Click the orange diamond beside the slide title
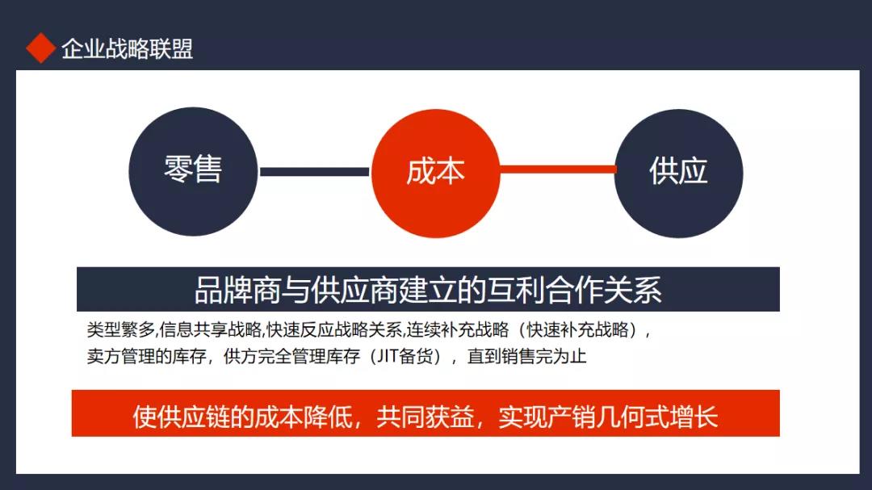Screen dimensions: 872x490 click(x=40, y=48)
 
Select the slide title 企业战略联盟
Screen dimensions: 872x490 click(x=128, y=49)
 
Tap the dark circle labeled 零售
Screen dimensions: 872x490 click(x=193, y=171)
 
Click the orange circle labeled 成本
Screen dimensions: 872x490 click(x=435, y=173)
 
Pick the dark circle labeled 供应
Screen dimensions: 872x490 click(x=678, y=173)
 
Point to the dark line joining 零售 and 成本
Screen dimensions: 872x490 click(x=315, y=172)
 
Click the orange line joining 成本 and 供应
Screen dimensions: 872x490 click(x=558, y=169)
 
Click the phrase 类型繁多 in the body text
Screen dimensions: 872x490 click(x=120, y=330)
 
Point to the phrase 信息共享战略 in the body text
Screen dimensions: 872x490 click(x=210, y=330)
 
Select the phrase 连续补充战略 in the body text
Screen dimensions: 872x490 click(x=458, y=330)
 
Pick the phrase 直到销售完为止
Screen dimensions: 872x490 click(x=526, y=356)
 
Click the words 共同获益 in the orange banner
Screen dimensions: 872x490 click(x=426, y=417)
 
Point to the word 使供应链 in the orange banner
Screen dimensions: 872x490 click(x=182, y=417)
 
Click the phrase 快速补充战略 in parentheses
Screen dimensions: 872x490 click(x=578, y=330)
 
